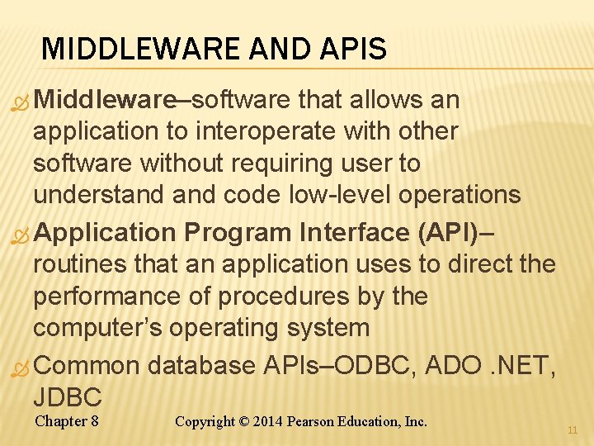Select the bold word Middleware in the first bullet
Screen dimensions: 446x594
pyautogui.click(x=105, y=100)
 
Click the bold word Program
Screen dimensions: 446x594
pyautogui.click(x=240, y=233)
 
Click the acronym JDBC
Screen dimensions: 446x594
pyautogui.click(x=68, y=396)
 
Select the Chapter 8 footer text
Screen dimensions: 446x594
pyautogui.click(x=68, y=421)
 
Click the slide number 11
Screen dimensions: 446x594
pyautogui.click(x=573, y=430)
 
